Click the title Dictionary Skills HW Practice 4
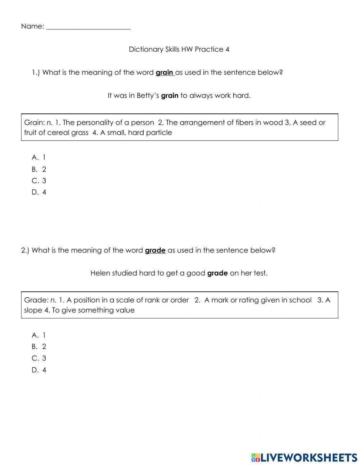(179, 49)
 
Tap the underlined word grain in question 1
(164, 72)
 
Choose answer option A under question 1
(39, 157)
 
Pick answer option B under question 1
(39, 169)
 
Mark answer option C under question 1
(39, 181)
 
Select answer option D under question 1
(39, 192)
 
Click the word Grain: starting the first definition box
(34, 122)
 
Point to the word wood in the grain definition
(273, 122)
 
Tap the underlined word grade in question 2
(155, 250)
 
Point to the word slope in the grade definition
(33, 310)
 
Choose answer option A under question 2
(39, 335)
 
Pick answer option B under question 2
(39, 347)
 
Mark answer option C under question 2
(39, 358)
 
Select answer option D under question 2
(39, 370)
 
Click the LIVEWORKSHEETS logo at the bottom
(304, 457)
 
